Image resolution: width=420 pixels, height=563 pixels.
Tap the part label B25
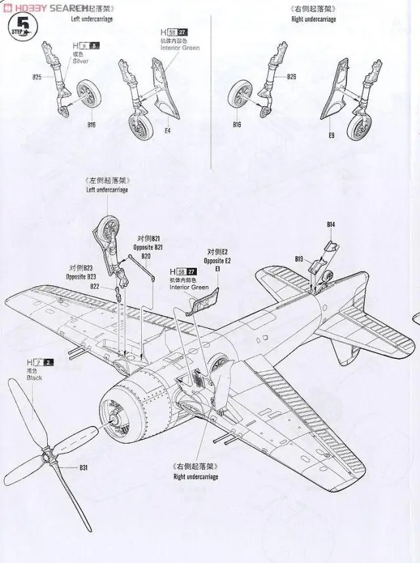pos(37,77)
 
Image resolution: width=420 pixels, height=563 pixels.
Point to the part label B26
pos(291,77)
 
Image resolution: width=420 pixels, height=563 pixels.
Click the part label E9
pos(331,136)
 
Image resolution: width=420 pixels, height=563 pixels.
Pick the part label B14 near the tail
pos(331,225)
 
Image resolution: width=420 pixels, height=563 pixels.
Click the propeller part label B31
pos(83,468)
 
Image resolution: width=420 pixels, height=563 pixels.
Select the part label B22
pos(94,286)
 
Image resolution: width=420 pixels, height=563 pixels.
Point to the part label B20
pos(146,256)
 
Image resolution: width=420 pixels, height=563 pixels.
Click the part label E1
pos(217,269)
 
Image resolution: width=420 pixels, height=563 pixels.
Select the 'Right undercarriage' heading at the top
pos(313,20)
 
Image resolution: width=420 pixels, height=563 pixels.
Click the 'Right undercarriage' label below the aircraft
pos(196,477)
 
